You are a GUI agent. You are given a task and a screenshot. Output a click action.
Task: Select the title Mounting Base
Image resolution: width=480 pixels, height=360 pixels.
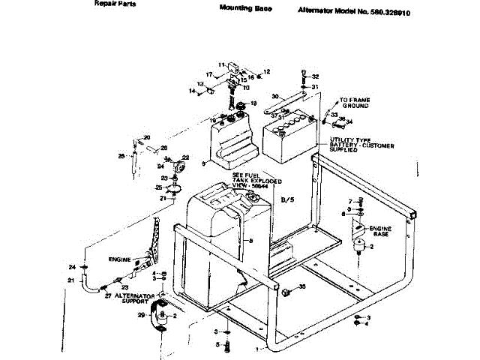point(246,9)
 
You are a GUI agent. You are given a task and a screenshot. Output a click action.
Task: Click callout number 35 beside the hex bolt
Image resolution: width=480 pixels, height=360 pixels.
point(302,286)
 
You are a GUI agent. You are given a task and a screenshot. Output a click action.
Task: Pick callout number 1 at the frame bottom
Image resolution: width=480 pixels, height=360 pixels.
point(258,349)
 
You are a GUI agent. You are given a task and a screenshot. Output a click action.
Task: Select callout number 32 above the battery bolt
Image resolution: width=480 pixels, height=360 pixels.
point(316,76)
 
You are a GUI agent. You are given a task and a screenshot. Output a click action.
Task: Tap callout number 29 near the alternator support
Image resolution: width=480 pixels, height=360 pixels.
point(140,316)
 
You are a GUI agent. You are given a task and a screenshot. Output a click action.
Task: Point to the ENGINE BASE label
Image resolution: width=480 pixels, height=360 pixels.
point(381,230)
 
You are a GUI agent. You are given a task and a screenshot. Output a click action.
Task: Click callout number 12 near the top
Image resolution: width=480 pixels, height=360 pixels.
point(266,72)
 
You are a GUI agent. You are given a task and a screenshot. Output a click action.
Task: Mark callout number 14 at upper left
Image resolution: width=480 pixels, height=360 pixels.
point(191,91)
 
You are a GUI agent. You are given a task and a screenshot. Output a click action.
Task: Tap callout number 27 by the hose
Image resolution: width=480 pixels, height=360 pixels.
point(108,295)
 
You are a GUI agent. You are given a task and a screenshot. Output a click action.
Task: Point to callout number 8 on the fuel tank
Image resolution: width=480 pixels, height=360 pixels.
point(250,239)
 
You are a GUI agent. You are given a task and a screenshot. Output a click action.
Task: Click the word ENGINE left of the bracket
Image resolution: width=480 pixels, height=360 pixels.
point(120,259)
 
